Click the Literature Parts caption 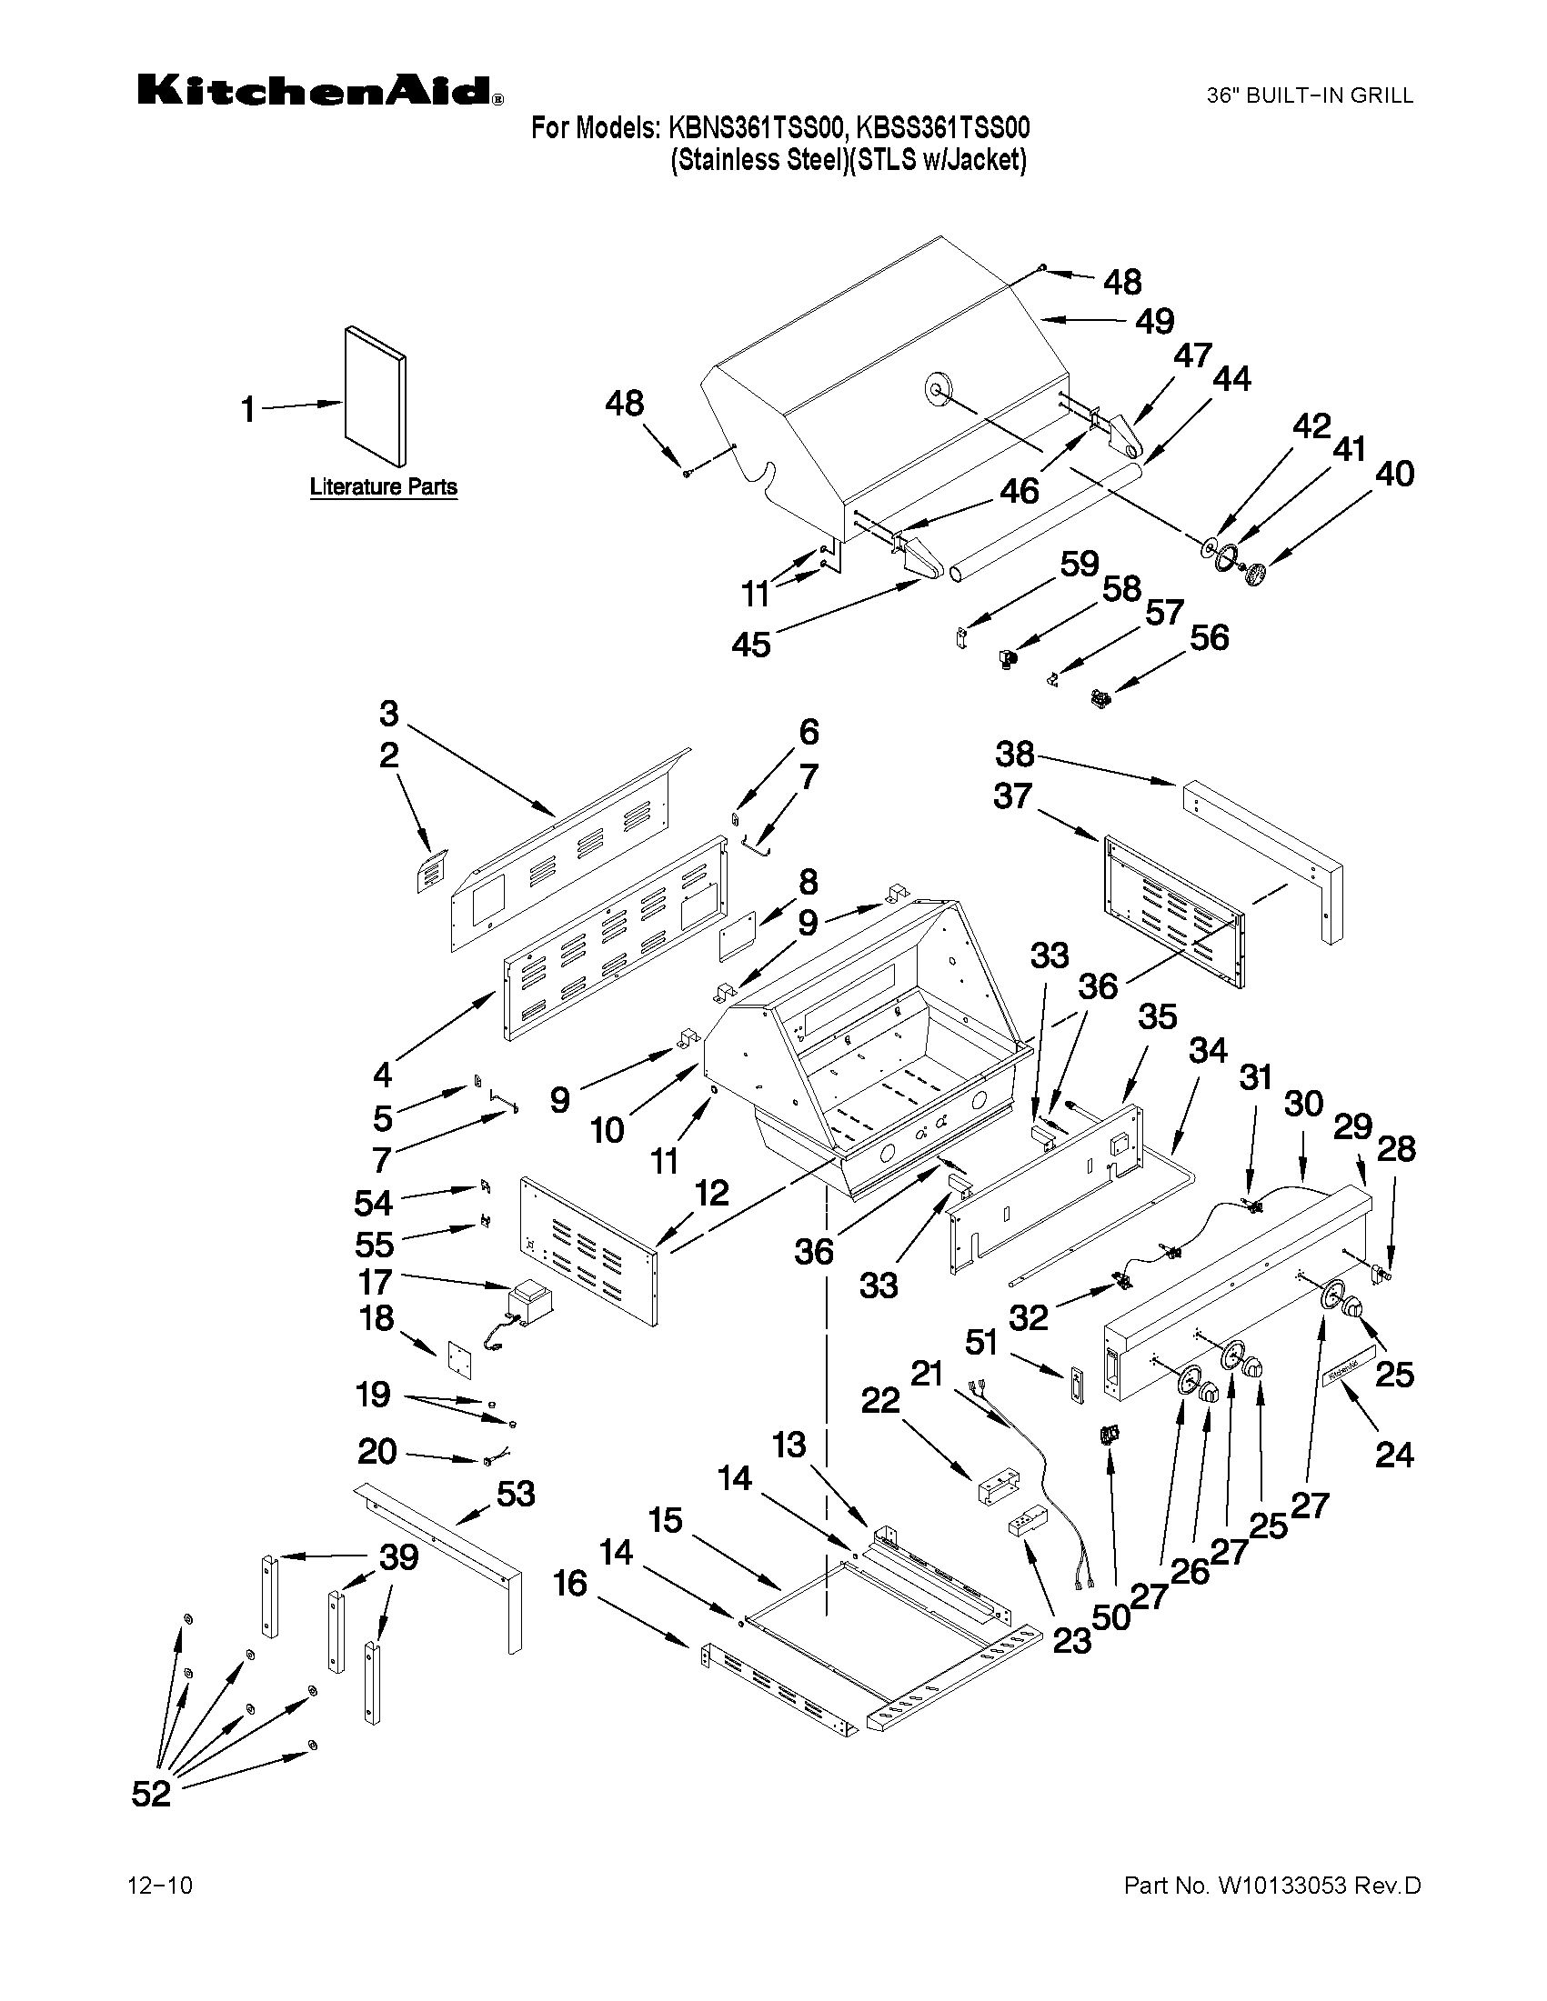click(383, 486)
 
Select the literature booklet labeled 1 click(376, 396)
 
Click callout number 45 click(750, 644)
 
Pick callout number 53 click(515, 1494)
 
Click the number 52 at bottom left click(151, 1793)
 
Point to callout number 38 click(1015, 754)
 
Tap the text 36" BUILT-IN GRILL click(1309, 95)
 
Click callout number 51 click(981, 1343)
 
